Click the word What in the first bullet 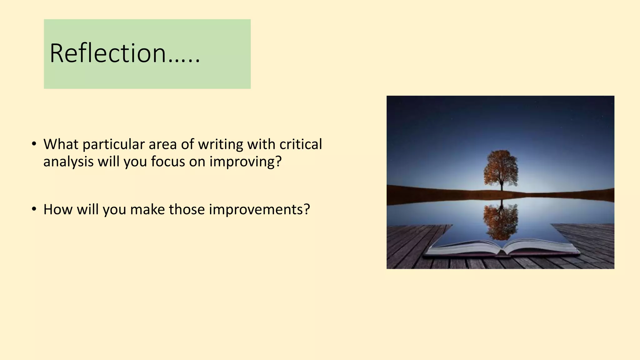pos(61,144)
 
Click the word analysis pos(68,162)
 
